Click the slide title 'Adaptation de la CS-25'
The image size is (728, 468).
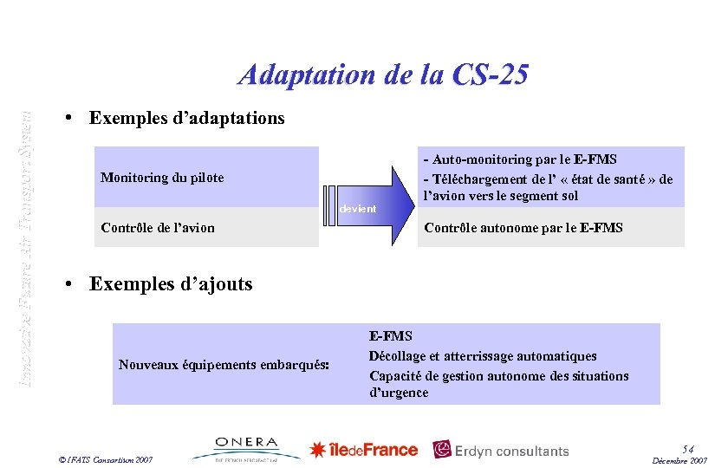click(x=382, y=75)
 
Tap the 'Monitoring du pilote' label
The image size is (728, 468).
click(x=162, y=178)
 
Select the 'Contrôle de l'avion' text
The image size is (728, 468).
click(x=158, y=228)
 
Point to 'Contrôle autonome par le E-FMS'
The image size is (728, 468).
click(x=523, y=228)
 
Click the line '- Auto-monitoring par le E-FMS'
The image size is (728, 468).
click(x=519, y=159)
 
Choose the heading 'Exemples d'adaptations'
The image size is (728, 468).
click(x=187, y=118)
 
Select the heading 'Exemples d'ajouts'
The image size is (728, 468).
click(x=171, y=283)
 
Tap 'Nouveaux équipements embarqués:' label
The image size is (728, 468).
click(x=224, y=365)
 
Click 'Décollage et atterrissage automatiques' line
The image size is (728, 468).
click(x=483, y=356)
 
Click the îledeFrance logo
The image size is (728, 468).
click(x=364, y=449)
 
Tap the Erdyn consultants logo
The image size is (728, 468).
click(x=501, y=450)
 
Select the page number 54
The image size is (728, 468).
click(x=688, y=447)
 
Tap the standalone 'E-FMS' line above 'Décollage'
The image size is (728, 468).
click(x=391, y=336)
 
